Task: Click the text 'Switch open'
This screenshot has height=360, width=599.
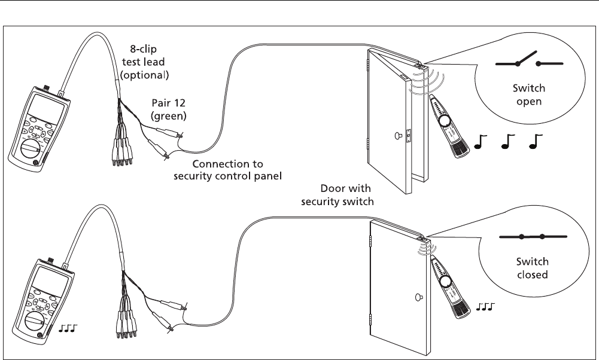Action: pos(530,95)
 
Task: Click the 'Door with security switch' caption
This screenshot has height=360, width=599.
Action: pos(337,196)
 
